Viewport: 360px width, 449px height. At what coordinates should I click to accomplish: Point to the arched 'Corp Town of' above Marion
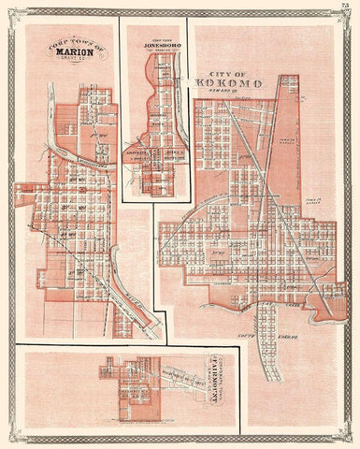[66, 43]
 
